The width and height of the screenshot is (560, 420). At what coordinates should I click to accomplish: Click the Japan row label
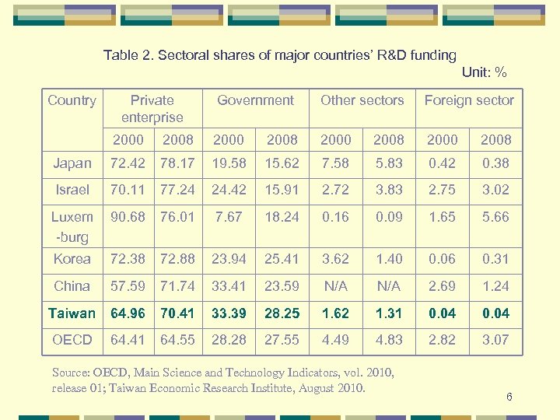point(72,163)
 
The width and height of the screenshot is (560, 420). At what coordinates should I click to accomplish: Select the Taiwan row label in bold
point(72,313)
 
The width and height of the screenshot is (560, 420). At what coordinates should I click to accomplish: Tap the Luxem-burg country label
point(72,226)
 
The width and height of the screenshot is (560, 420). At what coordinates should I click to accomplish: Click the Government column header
point(255,100)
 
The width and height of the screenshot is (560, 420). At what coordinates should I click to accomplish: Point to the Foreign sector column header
point(469,100)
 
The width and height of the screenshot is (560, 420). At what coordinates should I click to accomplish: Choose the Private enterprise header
point(152,109)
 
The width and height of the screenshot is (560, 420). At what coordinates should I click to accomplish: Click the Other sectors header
point(362,100)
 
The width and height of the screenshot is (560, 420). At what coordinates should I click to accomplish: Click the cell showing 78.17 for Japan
point(177,163)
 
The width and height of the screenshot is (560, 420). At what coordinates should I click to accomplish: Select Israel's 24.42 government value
point(229,190)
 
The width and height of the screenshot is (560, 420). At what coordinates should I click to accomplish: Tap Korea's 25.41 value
point(282,259)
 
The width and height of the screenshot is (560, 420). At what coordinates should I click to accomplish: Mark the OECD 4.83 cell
point(389,340)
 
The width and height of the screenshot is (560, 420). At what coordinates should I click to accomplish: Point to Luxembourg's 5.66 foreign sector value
point(495,217)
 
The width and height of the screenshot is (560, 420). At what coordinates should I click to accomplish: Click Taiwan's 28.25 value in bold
point(282,313)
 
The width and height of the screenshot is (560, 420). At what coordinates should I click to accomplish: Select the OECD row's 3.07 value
point(495,340)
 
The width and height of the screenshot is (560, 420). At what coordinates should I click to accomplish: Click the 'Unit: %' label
point(484,72)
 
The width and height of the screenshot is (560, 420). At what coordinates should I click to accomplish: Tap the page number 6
point(509,397)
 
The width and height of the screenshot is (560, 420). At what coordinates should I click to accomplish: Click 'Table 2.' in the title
point(126,55)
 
